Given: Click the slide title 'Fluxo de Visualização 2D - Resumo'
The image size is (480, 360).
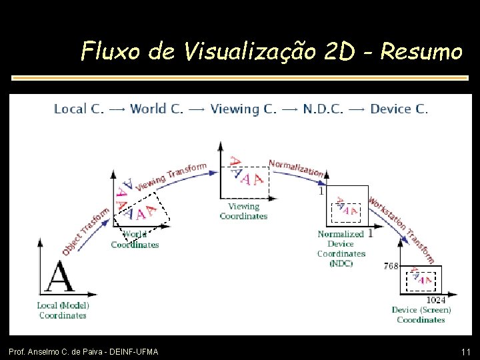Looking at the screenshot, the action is (271, 52).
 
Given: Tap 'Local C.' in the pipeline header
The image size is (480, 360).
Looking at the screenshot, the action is (79, 109).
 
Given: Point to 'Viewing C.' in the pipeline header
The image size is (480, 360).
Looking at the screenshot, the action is (243, 109).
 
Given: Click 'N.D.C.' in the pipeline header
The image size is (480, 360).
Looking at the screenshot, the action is (323, 109).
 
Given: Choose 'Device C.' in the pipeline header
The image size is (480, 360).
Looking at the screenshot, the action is (399, 109).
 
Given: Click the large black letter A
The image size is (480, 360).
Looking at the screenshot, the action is (59, 278).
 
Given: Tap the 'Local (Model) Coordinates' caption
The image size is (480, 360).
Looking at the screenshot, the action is (63, 310).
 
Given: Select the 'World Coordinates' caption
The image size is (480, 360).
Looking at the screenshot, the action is (135, 239).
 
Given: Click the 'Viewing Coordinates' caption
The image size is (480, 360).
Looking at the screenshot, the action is (243, 211).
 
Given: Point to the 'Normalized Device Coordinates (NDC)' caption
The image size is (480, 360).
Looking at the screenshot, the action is (341, 249).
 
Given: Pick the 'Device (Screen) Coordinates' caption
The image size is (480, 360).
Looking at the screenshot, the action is (421, 315).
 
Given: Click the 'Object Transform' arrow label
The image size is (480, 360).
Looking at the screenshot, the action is (85, 231).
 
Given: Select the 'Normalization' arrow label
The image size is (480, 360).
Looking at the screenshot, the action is (297, 168).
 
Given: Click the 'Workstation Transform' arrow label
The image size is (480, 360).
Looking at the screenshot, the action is (401, 228).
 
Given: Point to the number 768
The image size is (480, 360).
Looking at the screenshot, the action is (391, 266).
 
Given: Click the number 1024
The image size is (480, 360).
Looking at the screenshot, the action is (436, 301).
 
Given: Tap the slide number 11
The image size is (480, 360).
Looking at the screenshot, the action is (465, 351).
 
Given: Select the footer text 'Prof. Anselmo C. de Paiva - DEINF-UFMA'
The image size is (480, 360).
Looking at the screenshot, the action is (83, 351).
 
